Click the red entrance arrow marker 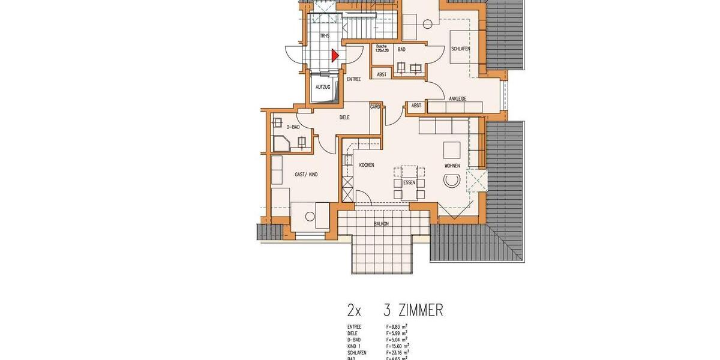click(335, 56)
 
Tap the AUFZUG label click(323, 87)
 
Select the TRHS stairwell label click(325, 36)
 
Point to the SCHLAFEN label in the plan click(461, 49)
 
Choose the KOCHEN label click(367, 165)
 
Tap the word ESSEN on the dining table click(409, 182)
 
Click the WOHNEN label click(452, 165)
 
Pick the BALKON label click(381, 224)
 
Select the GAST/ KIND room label click(306, 174)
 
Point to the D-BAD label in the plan click(293, 127)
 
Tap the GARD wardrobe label click(375, 107)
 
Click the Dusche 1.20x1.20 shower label click(383, 49)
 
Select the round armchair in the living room click(451, 180)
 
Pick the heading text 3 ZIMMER click(413, 310)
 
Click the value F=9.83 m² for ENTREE click(397, 326)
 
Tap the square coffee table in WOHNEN click(451, 149)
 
